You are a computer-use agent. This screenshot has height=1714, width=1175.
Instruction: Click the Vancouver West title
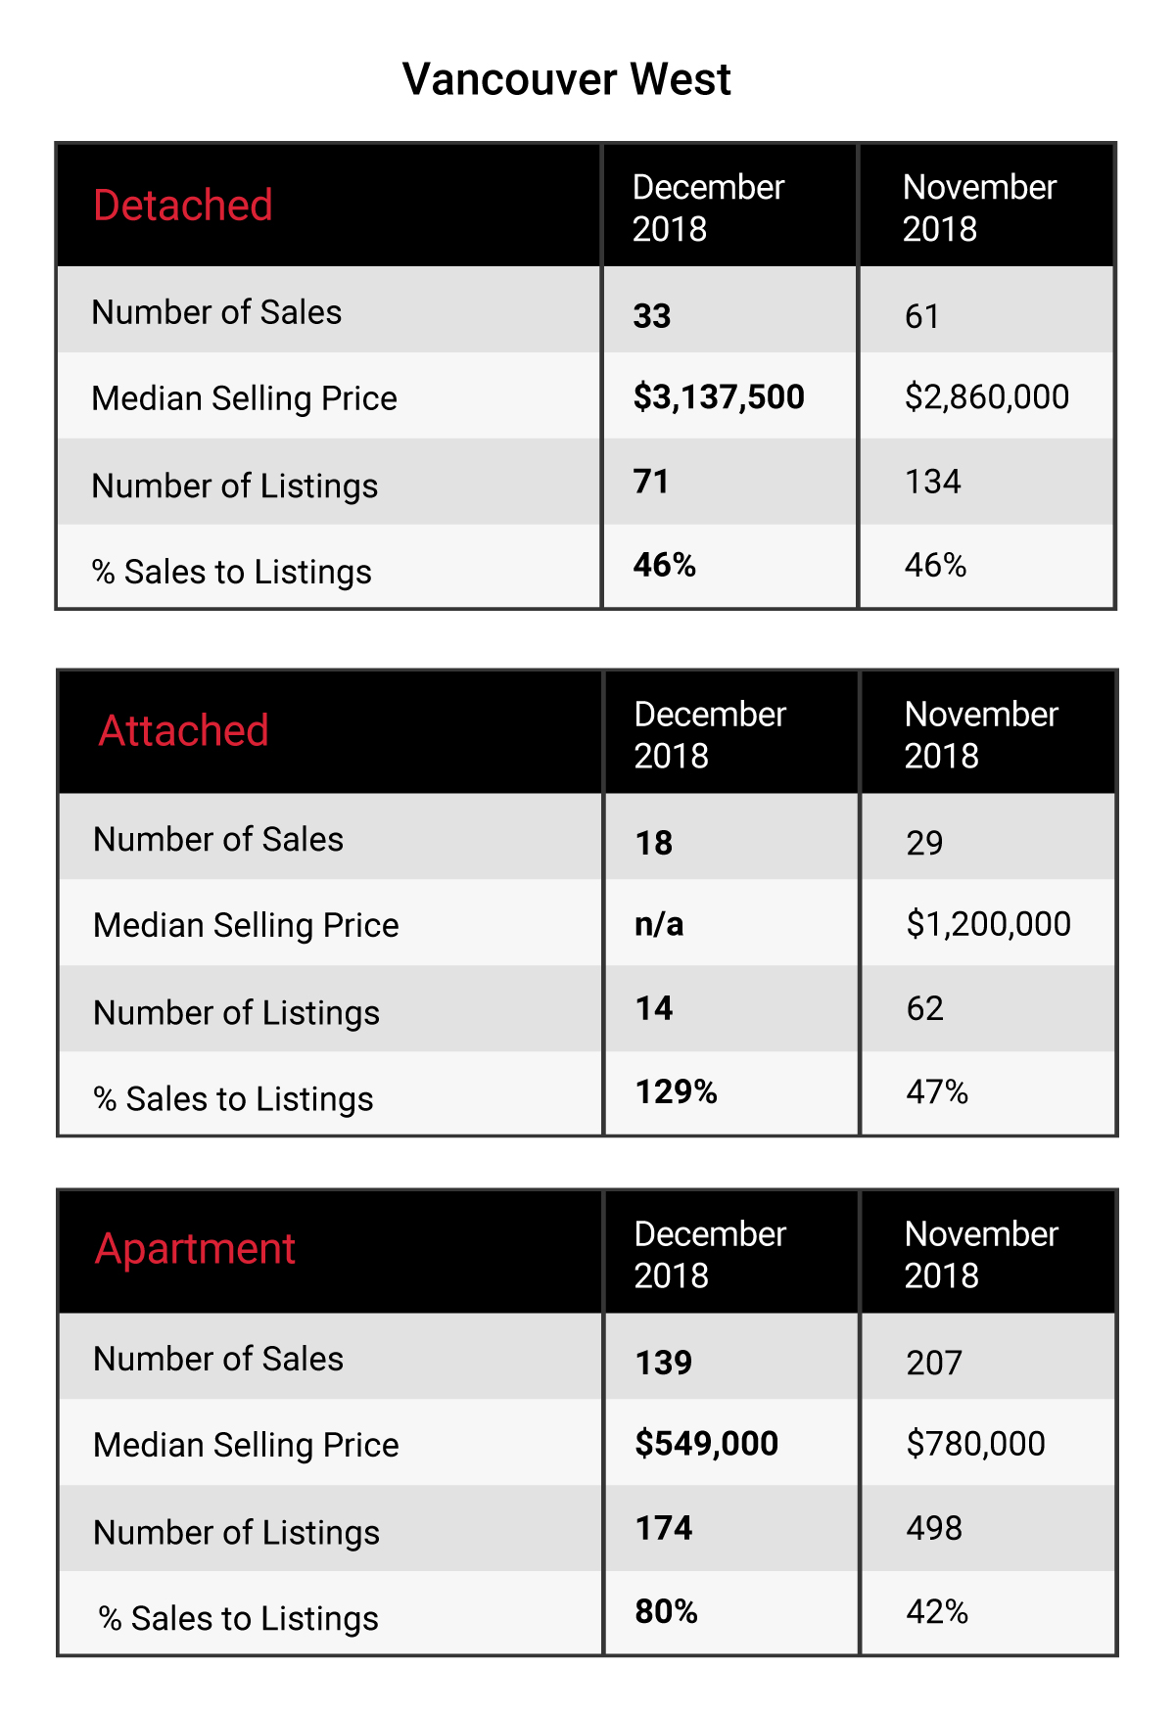[566, 79]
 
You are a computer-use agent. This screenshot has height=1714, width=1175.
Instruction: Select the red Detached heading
[182, 206]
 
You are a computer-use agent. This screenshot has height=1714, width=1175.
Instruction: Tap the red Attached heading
[183, 731]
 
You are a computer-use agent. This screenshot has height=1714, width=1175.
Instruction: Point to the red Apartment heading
[195, 1250]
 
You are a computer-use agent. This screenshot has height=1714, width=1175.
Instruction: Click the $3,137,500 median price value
[719, 397]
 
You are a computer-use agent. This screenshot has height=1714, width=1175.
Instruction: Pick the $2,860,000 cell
[987, 397]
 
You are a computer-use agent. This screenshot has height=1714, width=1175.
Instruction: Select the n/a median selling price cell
[659, 924]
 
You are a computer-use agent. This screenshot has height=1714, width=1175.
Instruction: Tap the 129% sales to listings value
[676, 1091]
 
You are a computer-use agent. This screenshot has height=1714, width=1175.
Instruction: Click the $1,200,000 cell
[988, 924]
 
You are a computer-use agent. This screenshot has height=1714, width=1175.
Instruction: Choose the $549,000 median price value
[706, 1444]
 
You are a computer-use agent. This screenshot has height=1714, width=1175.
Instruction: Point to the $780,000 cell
[975, 1444]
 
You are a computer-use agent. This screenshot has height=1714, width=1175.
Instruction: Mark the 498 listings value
[934, 1528]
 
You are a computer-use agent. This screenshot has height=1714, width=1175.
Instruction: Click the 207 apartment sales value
[934, 1363]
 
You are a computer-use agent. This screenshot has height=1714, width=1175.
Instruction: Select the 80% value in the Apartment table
[666, 1611]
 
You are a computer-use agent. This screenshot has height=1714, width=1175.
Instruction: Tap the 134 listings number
[932, 482]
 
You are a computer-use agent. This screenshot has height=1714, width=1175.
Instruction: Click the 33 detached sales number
[652, 316]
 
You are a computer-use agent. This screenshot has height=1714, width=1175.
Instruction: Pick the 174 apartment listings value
[663, 1528]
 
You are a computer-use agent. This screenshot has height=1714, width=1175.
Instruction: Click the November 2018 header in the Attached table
[981, 735]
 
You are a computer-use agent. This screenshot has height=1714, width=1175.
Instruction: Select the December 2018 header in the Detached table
[708, 208]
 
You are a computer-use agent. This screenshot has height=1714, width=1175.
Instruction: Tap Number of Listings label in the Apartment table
[236, 1533]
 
